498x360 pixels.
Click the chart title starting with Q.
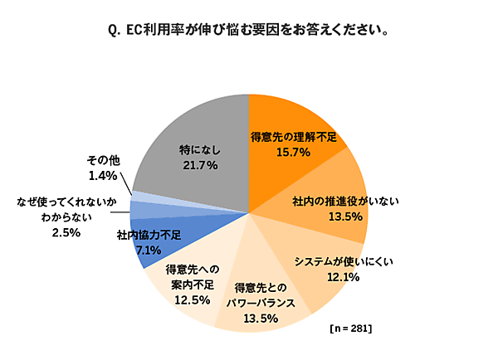tap(249, 32)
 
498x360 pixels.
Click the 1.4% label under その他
tap(105, 176)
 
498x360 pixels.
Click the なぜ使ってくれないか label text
tap(64, 202)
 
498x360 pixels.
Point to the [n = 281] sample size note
tap(350, 329)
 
